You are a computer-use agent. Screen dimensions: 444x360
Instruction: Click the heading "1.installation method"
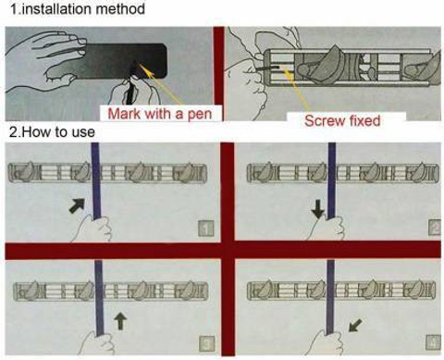point(78,8)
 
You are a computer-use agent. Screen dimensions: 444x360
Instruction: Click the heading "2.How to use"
point(52,132)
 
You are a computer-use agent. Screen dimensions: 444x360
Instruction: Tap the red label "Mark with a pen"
point(160,114)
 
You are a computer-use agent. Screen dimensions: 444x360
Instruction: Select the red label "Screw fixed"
point(342,120)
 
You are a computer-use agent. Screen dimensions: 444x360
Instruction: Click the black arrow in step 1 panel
point(77,205)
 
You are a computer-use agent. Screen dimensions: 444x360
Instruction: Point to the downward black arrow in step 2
point(318,211)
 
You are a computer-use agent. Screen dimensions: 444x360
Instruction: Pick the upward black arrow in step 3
point(120,321)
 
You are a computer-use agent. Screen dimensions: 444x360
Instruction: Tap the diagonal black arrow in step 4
point(355,325)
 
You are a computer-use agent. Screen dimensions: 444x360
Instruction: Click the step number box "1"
point(205,229)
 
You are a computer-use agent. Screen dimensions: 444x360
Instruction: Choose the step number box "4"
point(433,342)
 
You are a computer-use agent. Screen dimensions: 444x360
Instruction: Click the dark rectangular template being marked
point(123,61)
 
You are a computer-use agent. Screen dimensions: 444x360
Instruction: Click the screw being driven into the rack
point(269,67)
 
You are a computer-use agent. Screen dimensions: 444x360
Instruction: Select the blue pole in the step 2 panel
point(332,180)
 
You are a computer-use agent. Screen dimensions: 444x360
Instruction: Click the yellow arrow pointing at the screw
point(297,90)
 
